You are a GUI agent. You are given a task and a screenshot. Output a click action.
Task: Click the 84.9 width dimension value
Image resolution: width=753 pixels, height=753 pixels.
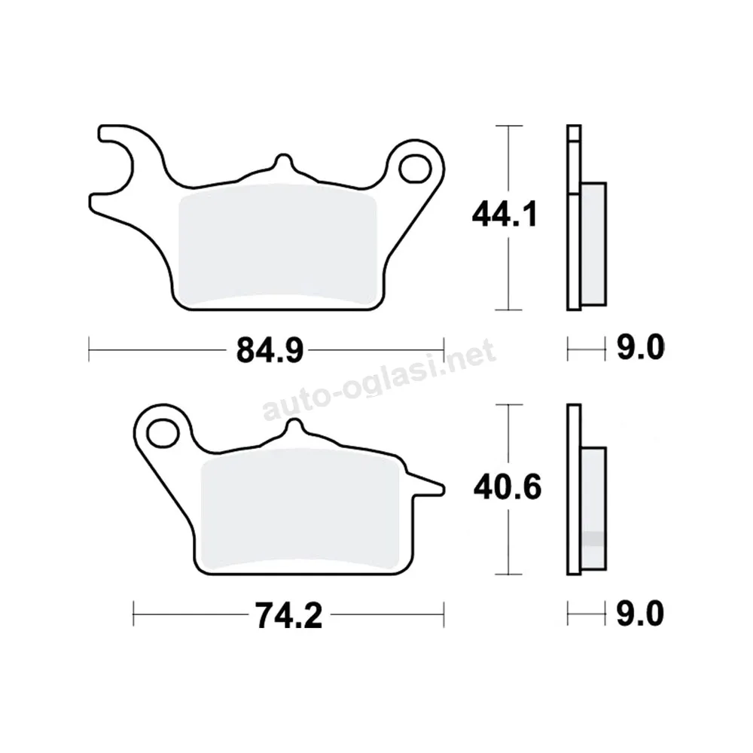click(x=270, y=350)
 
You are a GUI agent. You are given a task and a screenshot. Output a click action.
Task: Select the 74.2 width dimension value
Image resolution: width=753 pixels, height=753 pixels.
click(x=288, y=615)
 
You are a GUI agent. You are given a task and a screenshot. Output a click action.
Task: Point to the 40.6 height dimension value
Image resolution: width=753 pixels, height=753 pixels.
click(x=508, y=486)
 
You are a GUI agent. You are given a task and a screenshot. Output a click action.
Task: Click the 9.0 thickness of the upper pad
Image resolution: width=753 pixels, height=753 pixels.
click(x=640, y=347)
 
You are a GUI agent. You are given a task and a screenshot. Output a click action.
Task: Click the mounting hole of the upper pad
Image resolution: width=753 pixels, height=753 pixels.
click(x=415, y=169)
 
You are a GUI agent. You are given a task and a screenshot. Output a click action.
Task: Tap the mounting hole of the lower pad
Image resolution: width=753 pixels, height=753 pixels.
click(x=163, y=433)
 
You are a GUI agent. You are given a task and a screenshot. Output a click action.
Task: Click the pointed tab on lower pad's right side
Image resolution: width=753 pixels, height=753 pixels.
click(x=428, y=486)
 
